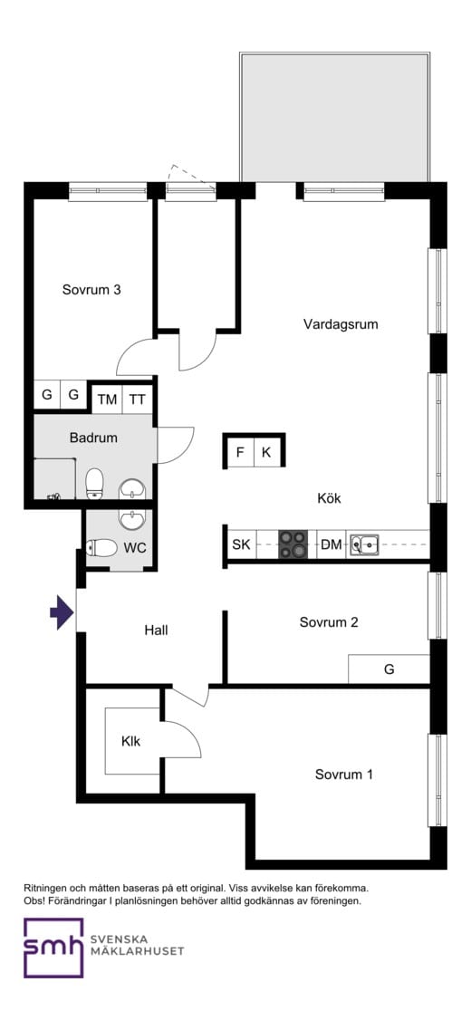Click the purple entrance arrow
point(62,612)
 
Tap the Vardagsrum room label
point(341,323)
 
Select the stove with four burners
point(293,544)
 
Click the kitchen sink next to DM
point(364,544)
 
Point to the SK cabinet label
point(241,544)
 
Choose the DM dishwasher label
point(332,544)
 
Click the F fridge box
point(240,452)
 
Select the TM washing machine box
point(107,399)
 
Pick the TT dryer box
point(138,399)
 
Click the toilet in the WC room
point(101,547)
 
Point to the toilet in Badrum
point(95,483)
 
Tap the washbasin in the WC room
point(133,519)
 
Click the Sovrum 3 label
point(91,289)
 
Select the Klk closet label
point(130,742)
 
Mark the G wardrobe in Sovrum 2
point(389,669)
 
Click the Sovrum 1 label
point(344,775)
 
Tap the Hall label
point(157,631)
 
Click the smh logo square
point(53,948)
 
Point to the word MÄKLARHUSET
point(137,951)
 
